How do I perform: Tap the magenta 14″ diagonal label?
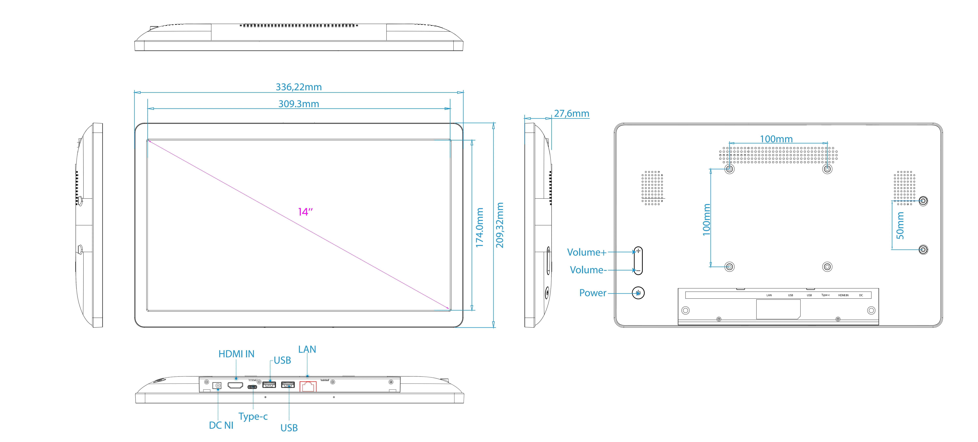tap(305, 212)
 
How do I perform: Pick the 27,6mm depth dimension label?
tap(571, 113)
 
